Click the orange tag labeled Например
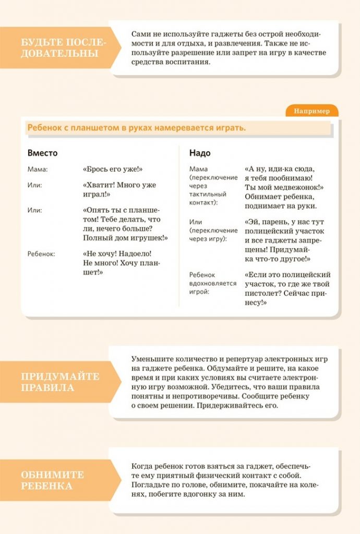click(x=311, y=111)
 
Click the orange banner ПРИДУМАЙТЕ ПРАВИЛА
click(x=60, y=382)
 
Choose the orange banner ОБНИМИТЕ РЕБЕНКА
click(x=52, y=480)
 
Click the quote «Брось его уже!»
click(x=113, y=169)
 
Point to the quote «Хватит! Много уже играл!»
click(x=119, y=189)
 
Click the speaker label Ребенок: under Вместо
click(x=41, y=254)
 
